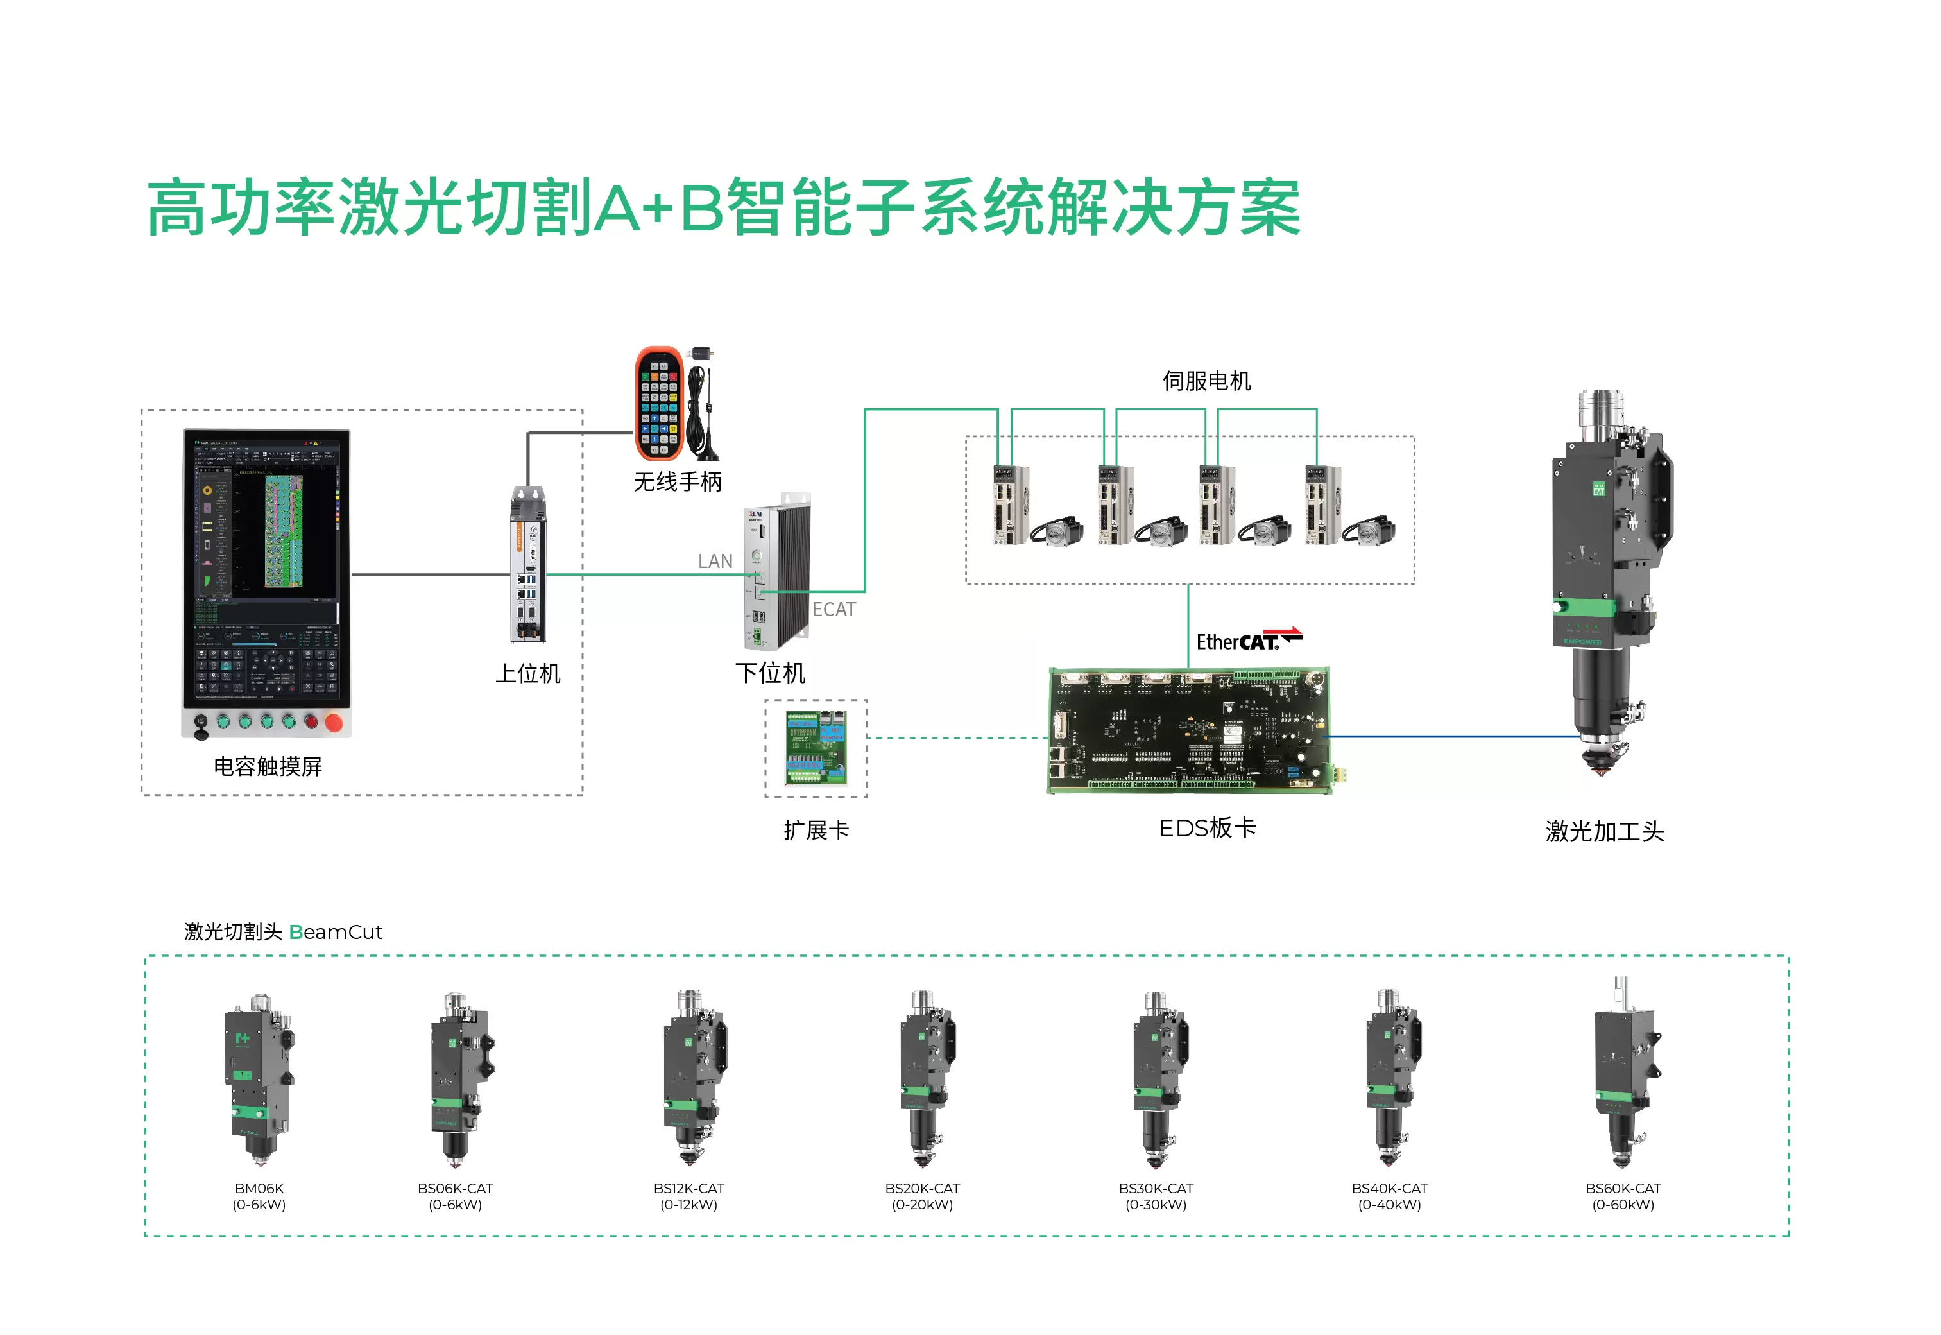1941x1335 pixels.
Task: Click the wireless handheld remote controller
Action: (659, 403)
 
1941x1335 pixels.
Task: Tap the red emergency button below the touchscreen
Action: (334, 722)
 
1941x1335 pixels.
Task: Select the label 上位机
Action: (527, 673)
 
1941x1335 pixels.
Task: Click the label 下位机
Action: (770, 673)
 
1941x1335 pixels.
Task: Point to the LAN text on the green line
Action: (715, 561)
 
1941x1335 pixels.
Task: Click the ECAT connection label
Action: (834, 610)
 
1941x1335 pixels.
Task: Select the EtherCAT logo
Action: (1248, 640)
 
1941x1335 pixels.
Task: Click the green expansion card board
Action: (816, 748)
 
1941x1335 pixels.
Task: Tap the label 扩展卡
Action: (816, 831)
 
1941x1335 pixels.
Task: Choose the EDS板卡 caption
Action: (1207, 828)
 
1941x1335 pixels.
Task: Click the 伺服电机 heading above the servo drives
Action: (1206, 381)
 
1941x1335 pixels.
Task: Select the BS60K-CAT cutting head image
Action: (1624, 1075)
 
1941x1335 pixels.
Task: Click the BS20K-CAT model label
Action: (923, 1189)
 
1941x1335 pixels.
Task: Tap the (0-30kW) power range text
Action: (1156, 1205)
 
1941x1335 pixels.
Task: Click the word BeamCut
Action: (336, 932)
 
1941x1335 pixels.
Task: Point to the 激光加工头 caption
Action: (1604, 831)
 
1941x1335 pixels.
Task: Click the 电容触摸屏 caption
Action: (268, 766)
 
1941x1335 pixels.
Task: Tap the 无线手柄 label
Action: (678, 482)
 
